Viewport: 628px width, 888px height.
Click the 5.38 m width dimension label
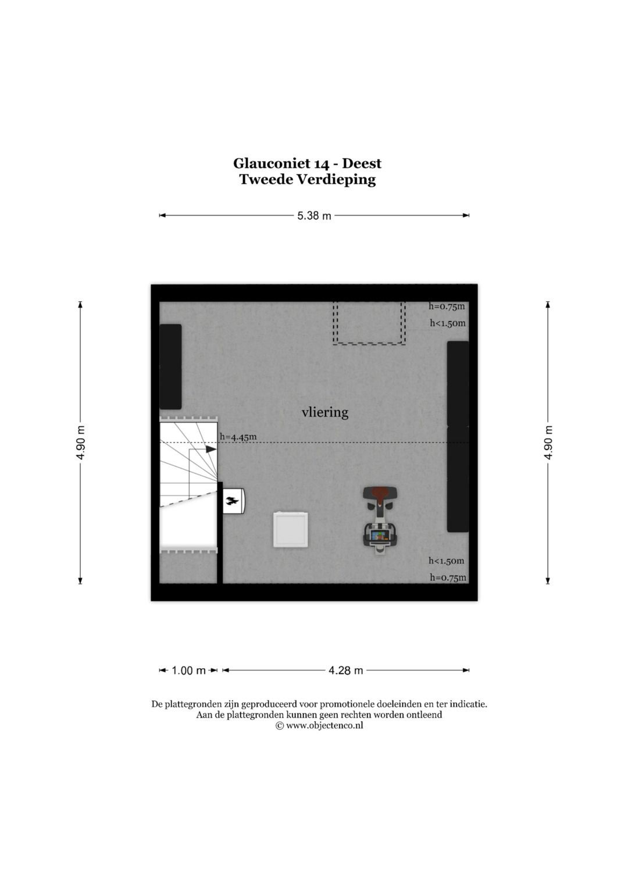click(314, 216)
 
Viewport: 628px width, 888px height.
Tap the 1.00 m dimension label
click(188, 671)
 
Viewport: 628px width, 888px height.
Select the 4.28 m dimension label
click(346, 671)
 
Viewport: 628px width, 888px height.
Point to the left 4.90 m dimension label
click(81, 443)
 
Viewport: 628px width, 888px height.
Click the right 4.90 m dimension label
click(548, 443)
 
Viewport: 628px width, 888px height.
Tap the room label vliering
click(325, 412)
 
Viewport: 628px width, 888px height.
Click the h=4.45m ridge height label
click(238, 437)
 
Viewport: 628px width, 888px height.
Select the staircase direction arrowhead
click(211, 449)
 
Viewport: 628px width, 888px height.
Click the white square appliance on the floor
click(291, 530)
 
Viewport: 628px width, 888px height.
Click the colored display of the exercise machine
click(380, 536)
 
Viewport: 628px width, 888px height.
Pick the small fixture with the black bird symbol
click(234, 501)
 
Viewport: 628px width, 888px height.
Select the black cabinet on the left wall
click(170, 367)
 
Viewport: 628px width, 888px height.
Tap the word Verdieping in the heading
click(336, 180)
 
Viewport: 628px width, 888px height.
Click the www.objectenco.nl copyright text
click(320, 726)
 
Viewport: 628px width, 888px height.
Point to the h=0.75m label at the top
click(447, 306)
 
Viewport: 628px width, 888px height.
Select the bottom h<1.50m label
click(447, 561)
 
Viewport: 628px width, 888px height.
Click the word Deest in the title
click(362, 163)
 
